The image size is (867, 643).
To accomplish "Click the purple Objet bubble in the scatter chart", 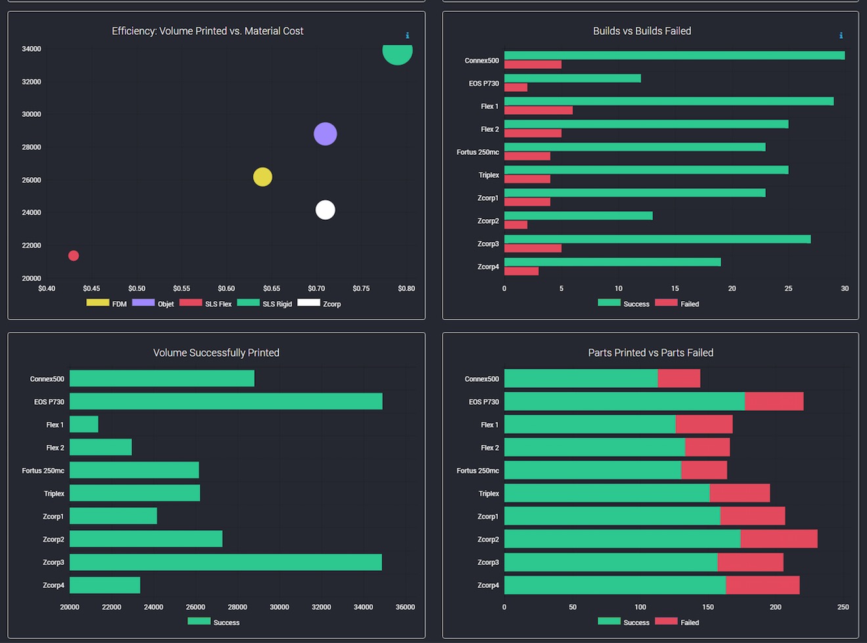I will click(325, 134).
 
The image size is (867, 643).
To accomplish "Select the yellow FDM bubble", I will click(263, 177).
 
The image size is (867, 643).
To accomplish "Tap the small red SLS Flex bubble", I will click(74, 256).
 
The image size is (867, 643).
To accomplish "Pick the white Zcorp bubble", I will click(325, 210).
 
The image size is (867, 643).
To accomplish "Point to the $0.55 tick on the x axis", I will click(181, 289).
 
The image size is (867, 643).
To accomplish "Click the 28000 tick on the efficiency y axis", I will click(32, 147).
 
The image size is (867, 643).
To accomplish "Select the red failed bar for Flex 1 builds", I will click(539, 111).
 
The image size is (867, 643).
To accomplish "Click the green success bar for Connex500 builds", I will click(675, 55).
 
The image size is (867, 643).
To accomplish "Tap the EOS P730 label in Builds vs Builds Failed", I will click(483, 83).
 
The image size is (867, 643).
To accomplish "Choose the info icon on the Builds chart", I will click(841, 35).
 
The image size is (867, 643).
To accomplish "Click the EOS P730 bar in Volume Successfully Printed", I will click(226, 402).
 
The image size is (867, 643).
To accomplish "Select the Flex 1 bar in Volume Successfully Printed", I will click(84, 425).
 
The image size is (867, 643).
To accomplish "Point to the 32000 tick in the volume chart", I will click(321, 608).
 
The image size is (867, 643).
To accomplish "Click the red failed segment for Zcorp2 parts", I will click(779, 539).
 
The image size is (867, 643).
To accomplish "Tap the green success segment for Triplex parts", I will click(607, 493).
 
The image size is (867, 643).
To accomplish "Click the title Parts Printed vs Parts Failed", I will click(650, 353).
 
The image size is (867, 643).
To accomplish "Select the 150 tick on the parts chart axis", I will click(708, 608).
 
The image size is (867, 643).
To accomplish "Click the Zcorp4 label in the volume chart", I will click(53, 585).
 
